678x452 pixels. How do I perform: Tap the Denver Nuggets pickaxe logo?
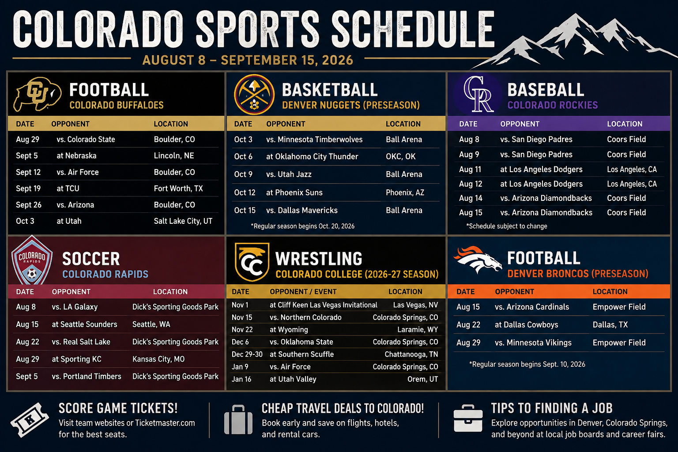254,94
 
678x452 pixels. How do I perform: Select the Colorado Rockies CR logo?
478,94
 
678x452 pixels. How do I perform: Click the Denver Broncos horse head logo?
477,260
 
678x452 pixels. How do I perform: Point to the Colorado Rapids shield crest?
32,261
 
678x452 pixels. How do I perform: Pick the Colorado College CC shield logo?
252,261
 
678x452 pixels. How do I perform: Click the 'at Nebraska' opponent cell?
76,156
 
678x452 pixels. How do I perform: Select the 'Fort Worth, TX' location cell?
178,188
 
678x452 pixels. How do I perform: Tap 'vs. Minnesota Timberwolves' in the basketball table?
314,139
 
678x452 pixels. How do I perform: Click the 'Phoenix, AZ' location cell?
405,192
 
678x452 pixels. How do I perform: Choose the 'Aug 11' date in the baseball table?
470,169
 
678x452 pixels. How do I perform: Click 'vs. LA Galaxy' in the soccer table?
75,307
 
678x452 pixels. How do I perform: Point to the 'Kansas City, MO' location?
158,359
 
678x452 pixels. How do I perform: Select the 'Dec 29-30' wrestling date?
247,354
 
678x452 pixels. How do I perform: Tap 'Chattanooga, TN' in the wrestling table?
411,354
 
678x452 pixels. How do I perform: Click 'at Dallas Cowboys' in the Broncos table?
526,325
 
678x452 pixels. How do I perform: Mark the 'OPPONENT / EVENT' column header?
303,292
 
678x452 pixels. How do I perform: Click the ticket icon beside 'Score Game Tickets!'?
30,420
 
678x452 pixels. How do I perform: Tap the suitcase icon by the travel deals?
238,419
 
